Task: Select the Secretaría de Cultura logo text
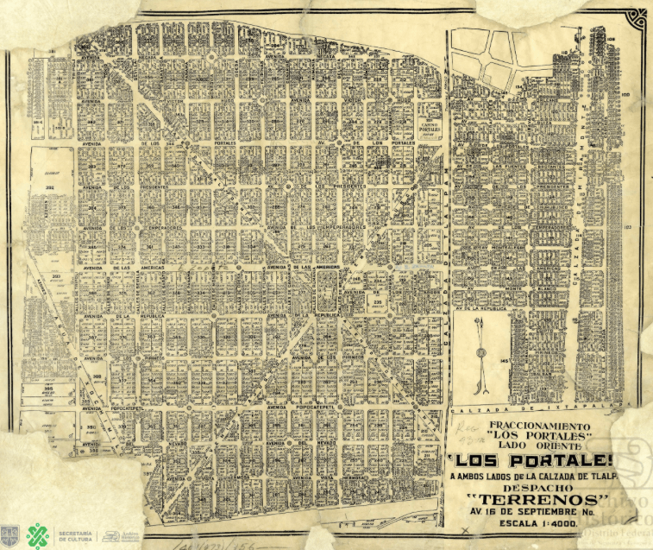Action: click(74, 535)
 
